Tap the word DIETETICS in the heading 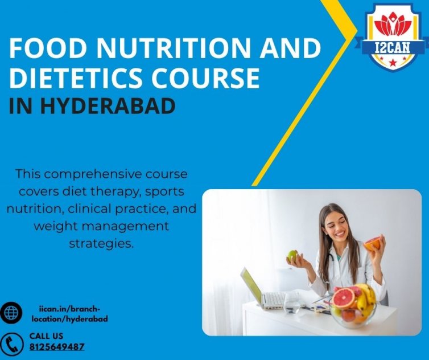tap(76, 77)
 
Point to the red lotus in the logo tap(393, 24)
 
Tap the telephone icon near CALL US tap(11, 345)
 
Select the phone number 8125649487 tap(57, 347)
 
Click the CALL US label tap(46, 336)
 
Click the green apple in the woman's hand tap(292, 256)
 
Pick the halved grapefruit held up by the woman tap(372, 244)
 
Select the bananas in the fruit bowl tap(366, 297)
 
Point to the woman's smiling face tap(339, 226)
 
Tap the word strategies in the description tap(101, 243)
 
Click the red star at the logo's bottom tap(393, 63)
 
